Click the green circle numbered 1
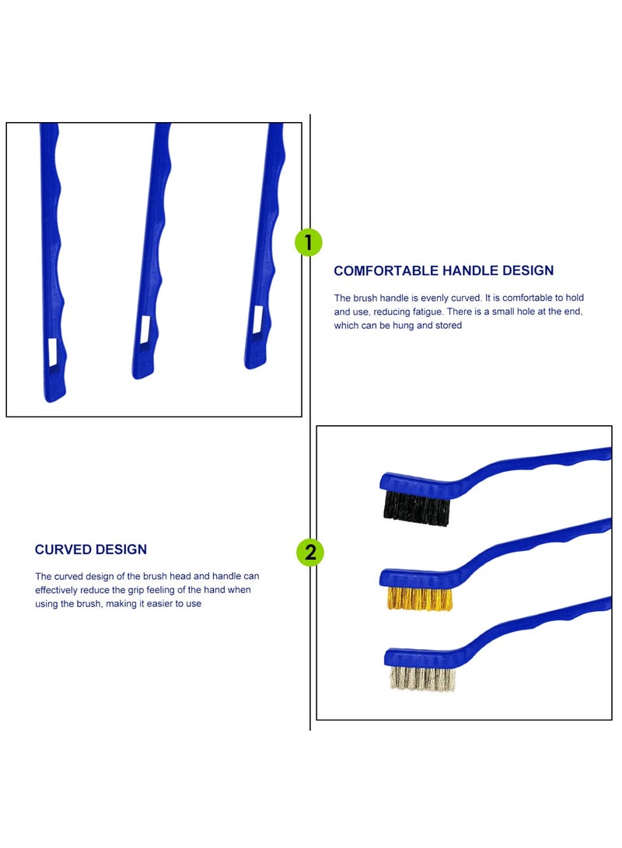(x=309, y=243)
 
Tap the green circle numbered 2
(x=310, y=553)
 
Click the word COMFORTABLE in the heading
(x=386, y=271)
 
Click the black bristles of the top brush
(x=417, y=508)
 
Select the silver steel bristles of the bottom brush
(x=421, y=679)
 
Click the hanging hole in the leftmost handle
(x=52, y=353)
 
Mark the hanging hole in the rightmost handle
(x=258, y=316)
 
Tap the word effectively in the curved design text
(x=61, y=590)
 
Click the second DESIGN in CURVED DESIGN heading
(x=121, y=550)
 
